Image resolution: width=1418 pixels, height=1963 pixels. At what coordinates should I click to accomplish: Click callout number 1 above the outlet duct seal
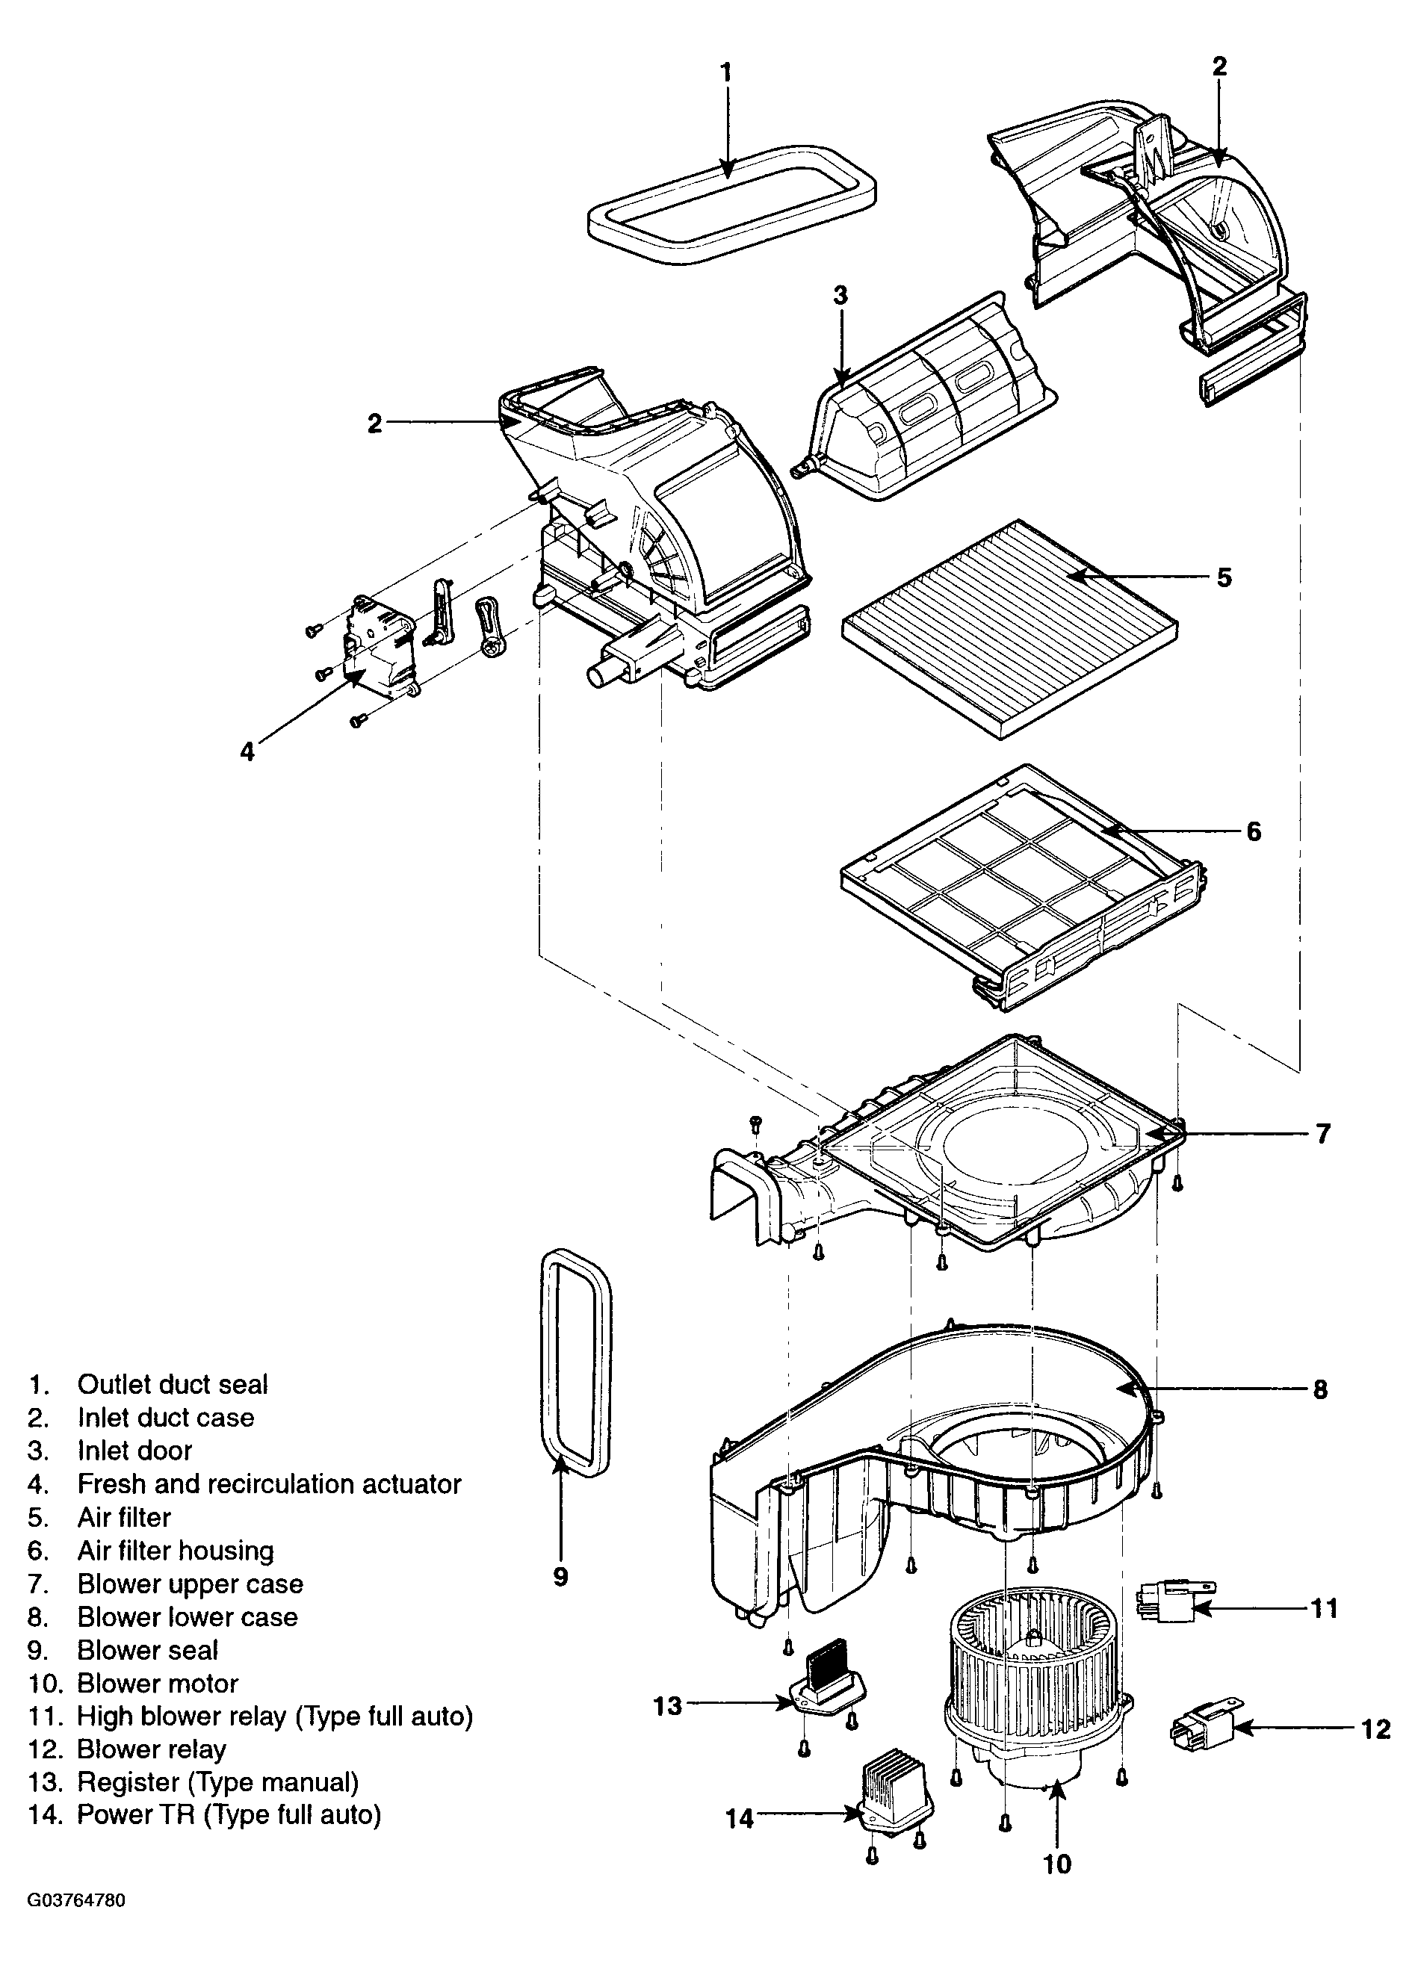[x=726, y=72]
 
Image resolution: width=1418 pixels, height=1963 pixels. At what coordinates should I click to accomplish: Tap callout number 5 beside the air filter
[x=1224, y=577]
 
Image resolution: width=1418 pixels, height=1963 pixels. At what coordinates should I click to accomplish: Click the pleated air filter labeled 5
[x=1009, y=627]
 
